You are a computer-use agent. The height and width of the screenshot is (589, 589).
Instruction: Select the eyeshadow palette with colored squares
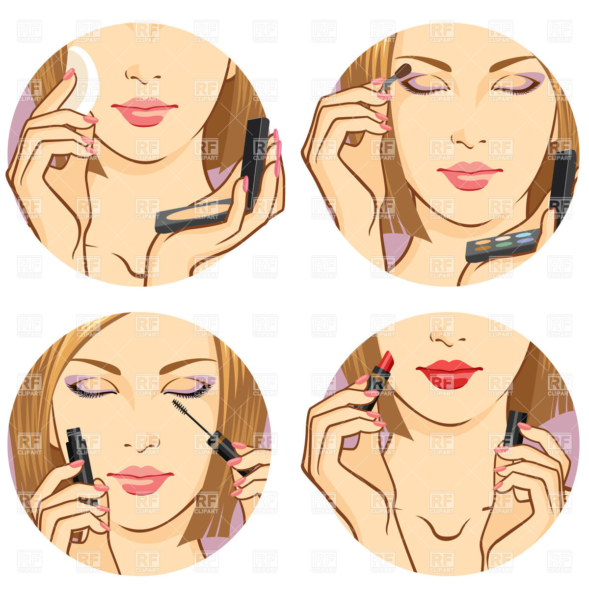503,244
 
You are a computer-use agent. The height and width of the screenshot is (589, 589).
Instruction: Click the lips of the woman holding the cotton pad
144,112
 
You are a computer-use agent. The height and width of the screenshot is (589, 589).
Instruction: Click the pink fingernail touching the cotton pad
69,74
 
